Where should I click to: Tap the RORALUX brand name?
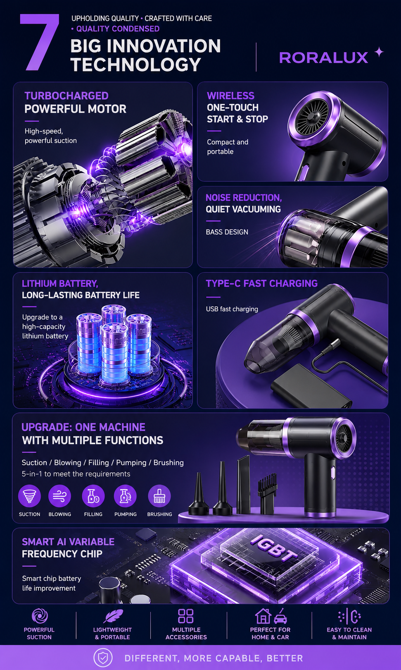[323, 58]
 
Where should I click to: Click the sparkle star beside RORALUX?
[379, 52]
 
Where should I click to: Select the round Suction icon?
[30, 496]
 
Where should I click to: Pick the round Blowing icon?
[60, 496]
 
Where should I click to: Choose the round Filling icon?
[93, 496]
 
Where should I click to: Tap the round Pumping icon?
[125, 496]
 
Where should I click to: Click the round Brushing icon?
[159, 496]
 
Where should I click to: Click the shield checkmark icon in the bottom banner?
[103, 658]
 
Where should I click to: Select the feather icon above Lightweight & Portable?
[113, 616]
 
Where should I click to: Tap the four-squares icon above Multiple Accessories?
[186, 616]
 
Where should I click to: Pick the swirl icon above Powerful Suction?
[40, 616]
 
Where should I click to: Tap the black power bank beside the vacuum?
[311, 386]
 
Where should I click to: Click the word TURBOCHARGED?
[66, 96]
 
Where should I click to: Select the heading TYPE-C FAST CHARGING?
[261, 283]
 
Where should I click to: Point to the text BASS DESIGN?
[227, 232]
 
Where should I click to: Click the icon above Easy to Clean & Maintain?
[349, 616]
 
